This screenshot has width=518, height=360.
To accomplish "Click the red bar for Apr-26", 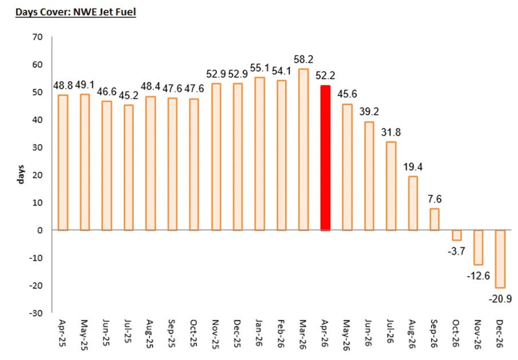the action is tap(326, 158).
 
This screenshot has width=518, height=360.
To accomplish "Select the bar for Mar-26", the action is tap(303, 149).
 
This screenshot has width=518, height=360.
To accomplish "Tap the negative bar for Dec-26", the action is tap(500, 259).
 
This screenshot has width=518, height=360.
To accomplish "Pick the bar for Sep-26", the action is tap(434, 219).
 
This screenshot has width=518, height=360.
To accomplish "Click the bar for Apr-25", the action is tap(63, 163).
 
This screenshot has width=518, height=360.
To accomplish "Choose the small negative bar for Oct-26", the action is tap(457, 235).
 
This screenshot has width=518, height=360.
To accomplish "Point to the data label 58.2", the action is tap(303, 60).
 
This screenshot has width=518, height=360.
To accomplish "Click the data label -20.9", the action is tap(500, 299).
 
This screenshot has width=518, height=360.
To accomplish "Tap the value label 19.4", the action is tap(413, 167).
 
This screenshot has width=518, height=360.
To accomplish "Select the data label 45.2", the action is tap(129, 96).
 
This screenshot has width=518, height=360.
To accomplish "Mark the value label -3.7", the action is tap(457, 251).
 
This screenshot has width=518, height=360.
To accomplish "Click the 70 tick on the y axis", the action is tap(38, 37).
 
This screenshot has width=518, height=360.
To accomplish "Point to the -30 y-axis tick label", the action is tap(36, 312).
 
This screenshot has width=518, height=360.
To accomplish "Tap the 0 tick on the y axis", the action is tap(40, 230).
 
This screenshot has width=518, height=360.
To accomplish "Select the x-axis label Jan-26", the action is tap(260, 333).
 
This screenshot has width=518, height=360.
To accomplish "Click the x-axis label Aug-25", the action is tap(151, 334).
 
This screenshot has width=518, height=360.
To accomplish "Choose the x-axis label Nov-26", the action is tap(478, 334).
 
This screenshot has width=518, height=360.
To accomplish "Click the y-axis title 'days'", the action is tap(21, 175).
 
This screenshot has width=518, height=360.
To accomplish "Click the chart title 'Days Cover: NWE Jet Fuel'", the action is tap(76, 12).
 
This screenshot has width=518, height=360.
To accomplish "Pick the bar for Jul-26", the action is tap(391, 186).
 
